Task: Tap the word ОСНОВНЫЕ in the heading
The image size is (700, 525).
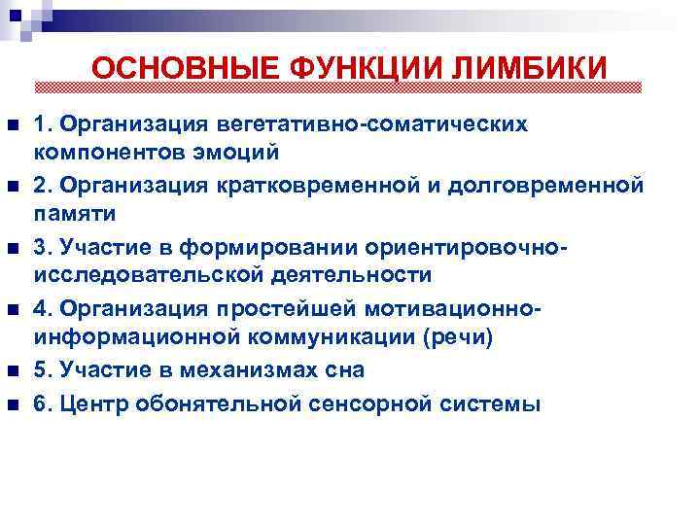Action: [184, 69]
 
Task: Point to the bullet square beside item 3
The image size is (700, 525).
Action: [12, 249]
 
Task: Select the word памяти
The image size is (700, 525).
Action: [75, 214]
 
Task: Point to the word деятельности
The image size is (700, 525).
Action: [348, 275]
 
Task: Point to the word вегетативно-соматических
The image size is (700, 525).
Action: [373, 124]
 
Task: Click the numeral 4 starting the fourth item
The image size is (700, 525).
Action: [40, 308]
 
